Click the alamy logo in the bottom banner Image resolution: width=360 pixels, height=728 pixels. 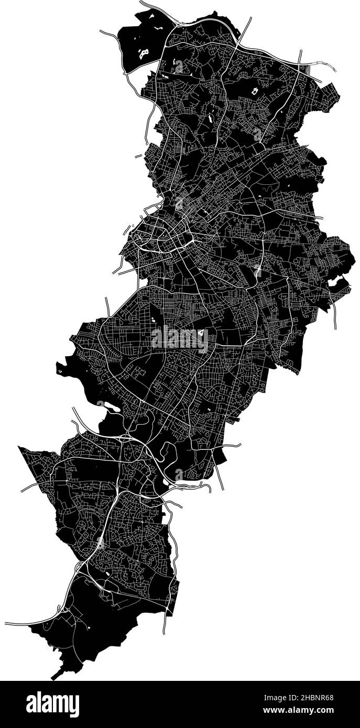tap(53, 704)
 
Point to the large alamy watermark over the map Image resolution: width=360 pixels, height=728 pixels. tap(180, 339)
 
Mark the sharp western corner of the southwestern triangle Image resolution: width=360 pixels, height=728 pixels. tap(19, 447)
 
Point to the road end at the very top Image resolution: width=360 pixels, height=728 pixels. tap(140, 3)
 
